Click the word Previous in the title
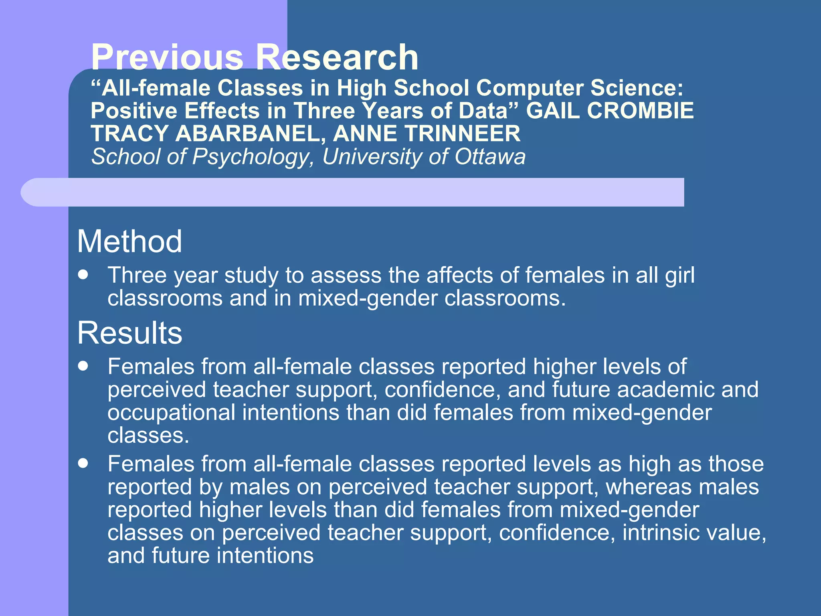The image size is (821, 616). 167,57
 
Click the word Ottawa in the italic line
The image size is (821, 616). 489,156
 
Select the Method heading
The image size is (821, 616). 129,241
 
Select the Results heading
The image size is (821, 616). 129,333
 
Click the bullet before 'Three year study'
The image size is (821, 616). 83,275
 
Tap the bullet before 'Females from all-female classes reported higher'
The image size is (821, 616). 83,366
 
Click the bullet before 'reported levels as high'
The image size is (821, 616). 83,464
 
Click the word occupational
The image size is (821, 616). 171,413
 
